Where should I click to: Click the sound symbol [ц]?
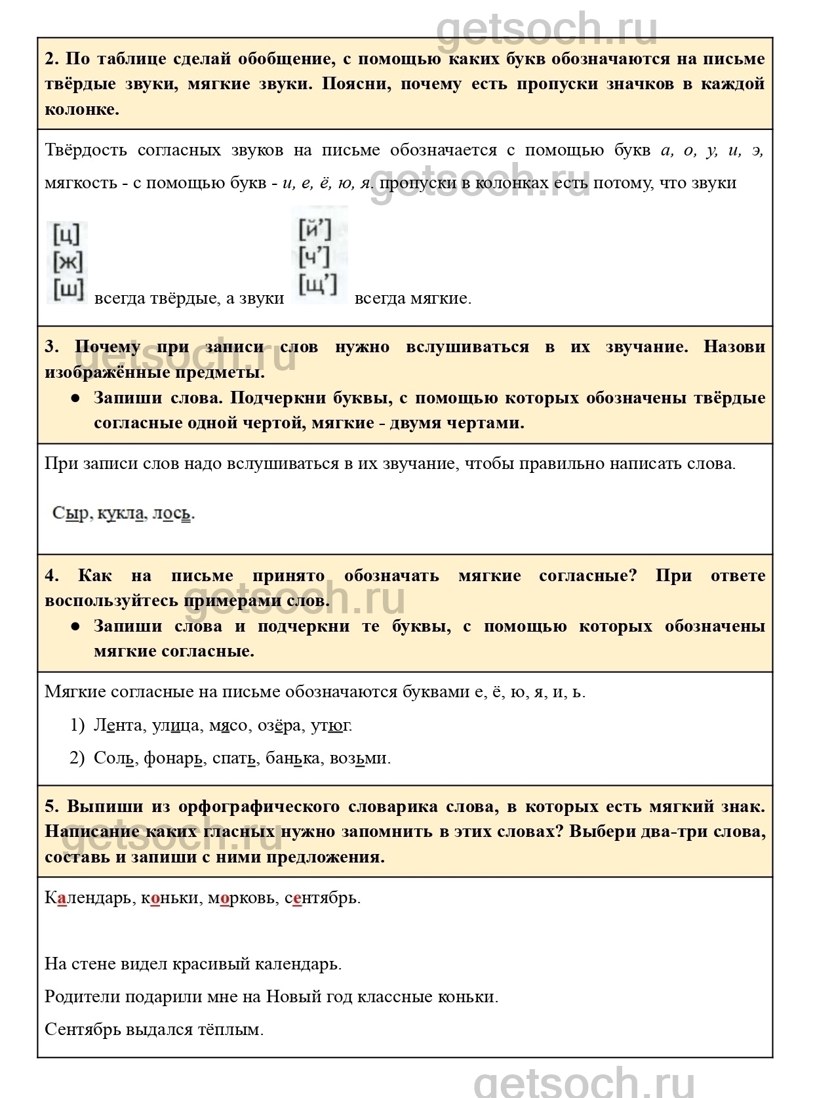67,234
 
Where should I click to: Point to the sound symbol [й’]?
315,230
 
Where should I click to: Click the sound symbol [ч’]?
315,258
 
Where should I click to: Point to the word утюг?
331,725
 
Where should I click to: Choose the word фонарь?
173,758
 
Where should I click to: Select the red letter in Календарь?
62,899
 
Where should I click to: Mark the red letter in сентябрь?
297,899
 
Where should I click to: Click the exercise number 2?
52,59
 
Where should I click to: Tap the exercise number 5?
52,807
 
